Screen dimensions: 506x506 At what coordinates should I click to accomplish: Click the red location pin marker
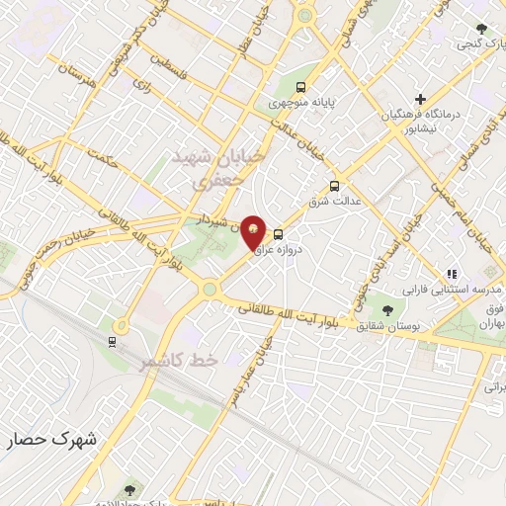click(x=254, y=231)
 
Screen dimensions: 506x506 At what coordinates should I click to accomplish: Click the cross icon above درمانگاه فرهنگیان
click(x=421, y=100)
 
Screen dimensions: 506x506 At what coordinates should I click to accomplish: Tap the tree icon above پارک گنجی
click(x=480, y=30)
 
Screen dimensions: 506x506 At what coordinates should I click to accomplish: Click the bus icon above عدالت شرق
click(x=334, y=185)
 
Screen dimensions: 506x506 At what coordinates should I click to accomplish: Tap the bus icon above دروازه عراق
click(x=280, y=235)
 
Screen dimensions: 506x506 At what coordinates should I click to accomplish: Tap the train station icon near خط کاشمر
click(x=112, y=342)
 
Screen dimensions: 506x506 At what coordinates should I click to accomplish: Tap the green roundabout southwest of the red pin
click(x=210, y=289)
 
